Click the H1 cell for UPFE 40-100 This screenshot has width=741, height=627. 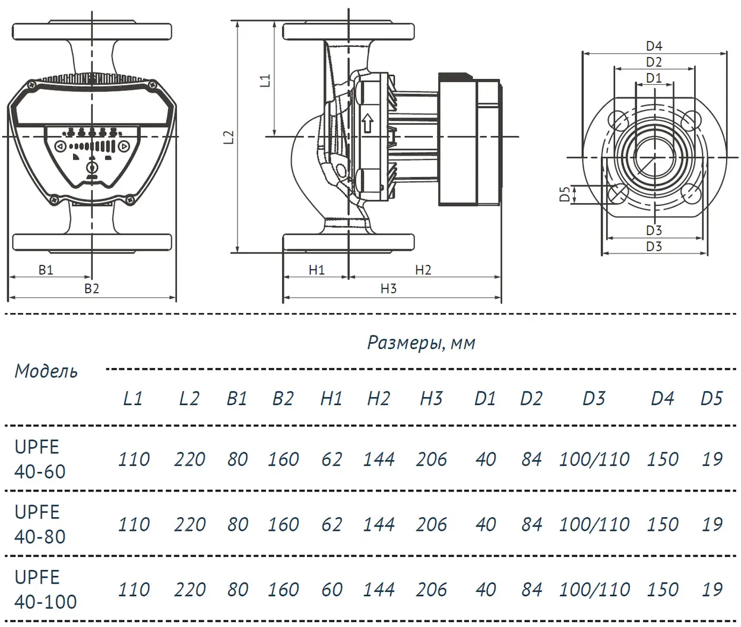click(331, 590)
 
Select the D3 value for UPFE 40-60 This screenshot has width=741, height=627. click(594, 459)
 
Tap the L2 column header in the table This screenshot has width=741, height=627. click(189, 398)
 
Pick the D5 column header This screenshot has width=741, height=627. click(711, 398)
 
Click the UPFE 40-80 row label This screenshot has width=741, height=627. click(40, 524)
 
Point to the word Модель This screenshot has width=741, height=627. click(46, 371)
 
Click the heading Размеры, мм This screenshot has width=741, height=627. click(421, 343)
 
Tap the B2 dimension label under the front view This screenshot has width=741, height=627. click(91, 289)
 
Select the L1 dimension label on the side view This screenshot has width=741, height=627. click(265, 81)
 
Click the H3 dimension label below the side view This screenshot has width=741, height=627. click(388, 289)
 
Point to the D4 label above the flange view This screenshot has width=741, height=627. click(654, 46)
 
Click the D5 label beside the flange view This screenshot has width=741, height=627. click(565, 194)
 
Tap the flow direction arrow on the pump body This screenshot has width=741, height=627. click(368, 123)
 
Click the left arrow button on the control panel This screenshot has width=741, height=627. click(60, 146)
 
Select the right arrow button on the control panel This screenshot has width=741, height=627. click(123, 146)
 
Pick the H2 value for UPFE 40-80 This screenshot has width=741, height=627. click(378, 524)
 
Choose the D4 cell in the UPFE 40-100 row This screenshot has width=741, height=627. click(662, 590)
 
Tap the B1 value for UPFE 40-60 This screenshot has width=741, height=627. click(237, 459)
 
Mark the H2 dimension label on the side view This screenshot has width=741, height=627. click(423, 270)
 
